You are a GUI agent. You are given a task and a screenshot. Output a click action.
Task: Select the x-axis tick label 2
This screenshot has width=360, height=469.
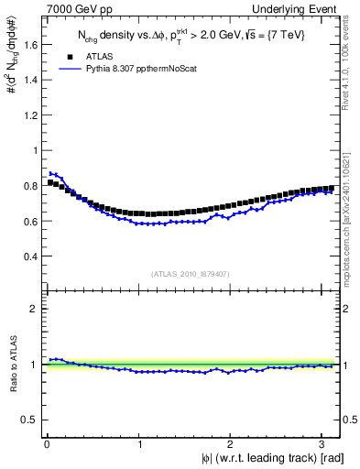[232, 444]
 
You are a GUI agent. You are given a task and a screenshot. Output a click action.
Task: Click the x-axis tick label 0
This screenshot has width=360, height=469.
[47, 444]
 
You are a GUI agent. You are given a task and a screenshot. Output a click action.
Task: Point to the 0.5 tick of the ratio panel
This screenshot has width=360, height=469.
[29, 420]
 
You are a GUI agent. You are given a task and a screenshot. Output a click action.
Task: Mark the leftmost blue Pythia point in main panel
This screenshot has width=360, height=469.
[50, 173]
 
